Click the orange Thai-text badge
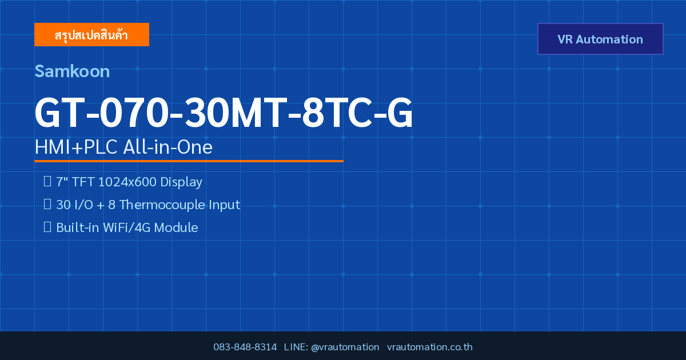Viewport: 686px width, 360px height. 91,35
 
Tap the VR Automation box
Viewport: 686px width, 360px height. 600,39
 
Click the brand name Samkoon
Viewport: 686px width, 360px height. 72,71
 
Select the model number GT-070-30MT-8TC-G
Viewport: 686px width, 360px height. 224,113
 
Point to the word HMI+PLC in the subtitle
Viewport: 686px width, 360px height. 76,147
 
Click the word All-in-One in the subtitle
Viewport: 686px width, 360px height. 168,147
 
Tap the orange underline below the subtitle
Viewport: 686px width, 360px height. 189,161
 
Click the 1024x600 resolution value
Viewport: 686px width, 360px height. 127,182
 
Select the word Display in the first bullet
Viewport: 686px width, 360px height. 181,182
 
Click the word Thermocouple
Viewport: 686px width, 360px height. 162,205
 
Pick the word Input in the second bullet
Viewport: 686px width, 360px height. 225,205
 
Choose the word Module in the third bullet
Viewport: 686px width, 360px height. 176,228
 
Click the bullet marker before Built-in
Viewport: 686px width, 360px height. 47,227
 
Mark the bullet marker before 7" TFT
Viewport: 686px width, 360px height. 47,181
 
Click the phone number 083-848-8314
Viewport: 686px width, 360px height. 245,347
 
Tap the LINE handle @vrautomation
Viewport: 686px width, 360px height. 345,347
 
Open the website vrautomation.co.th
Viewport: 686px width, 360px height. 430,347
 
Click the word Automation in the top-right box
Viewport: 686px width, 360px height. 609,39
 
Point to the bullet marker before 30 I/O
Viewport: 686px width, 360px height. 47,204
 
